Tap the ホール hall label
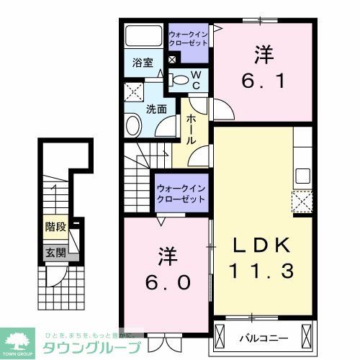click(191, 130)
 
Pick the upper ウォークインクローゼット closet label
click(188, 38)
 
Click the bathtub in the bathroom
click(144, 36)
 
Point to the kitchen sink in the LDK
click(302, 176)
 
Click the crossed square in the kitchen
click(301, 201)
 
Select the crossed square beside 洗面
click(134, 91)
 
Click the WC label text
click(196, 80)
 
